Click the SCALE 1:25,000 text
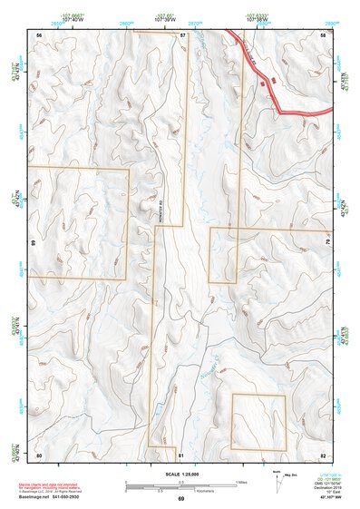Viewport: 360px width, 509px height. (180, 473)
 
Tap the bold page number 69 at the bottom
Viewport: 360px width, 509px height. (180, 499)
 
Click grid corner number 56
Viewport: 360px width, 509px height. (39, 34)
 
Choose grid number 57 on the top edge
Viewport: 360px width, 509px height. (181, 34)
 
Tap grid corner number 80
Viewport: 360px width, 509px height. (39, 454)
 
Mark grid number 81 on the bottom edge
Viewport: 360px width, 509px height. (181, 454)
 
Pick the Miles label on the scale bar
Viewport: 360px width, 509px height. (241, 481)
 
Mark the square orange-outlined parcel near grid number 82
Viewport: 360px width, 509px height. (258, 421)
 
